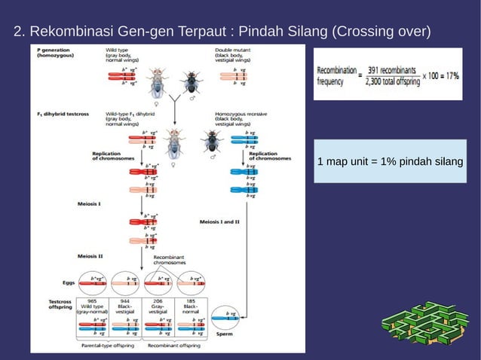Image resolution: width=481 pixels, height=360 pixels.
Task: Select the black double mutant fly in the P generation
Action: click(x=191, y=81)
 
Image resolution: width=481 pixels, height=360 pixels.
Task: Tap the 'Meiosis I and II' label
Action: click(x=219, y=222)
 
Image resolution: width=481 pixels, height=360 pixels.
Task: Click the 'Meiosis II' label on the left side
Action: click(x=90, y=256)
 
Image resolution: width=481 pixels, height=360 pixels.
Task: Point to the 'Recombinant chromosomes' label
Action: click(x=170, y=261)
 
